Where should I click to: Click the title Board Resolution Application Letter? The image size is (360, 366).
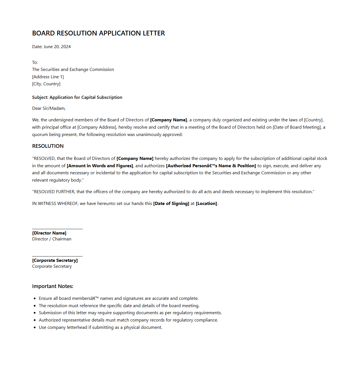click(98, 33)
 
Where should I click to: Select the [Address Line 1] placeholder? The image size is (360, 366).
click(48, 77)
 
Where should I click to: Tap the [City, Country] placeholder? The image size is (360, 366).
click(46, 84)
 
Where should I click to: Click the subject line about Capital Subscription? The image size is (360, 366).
click(77, 97)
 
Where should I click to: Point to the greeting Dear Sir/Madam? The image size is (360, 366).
click(49, 108)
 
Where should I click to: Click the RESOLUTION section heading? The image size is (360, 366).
click(48, 146)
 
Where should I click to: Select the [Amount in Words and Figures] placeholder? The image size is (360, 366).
click(100, 166)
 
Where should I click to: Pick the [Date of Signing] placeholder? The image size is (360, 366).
click(171, 204)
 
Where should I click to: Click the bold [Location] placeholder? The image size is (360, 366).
click(206, 204)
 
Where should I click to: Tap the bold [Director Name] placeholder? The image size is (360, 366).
click(49, 233)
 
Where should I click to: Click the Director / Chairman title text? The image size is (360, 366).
click(52, 239)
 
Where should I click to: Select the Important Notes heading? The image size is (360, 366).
click(53, 286)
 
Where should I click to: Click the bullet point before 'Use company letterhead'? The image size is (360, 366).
click(35, 328)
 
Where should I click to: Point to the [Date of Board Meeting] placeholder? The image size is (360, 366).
click(297, 127)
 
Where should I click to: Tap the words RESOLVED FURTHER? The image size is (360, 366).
click(54, 192)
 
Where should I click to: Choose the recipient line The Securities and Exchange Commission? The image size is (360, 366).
click(73, 70)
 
